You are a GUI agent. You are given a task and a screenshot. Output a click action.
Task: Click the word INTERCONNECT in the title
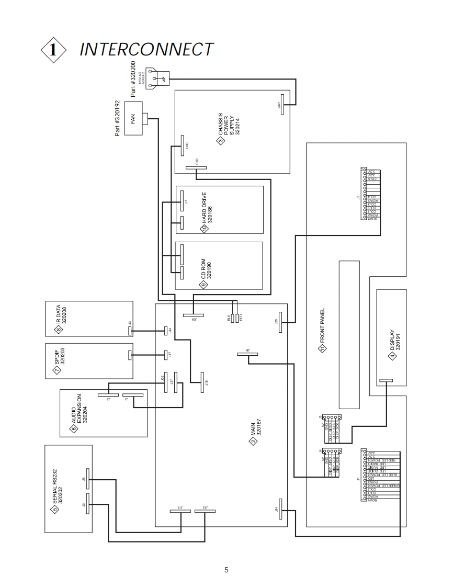146,49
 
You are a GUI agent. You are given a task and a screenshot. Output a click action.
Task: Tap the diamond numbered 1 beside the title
53,50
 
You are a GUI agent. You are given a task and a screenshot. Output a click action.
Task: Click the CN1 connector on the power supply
282,105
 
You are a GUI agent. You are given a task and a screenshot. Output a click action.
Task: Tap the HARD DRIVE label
208,209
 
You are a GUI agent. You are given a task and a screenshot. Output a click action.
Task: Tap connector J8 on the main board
247,354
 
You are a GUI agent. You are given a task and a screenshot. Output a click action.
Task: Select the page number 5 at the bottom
226,570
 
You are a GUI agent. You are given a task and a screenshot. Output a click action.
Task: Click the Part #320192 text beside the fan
117,119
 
